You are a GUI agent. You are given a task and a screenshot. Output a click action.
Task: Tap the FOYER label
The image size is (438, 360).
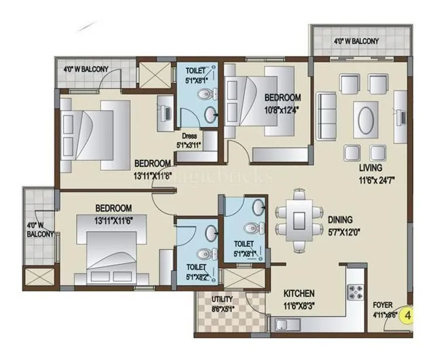(x=383, y=305)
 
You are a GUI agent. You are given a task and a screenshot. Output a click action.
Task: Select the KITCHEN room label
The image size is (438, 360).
(x=299, y=293)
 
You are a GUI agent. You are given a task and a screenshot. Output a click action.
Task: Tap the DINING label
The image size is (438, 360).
(x=339, y=220)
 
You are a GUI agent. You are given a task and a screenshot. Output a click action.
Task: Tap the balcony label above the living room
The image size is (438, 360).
(x=356, y=41)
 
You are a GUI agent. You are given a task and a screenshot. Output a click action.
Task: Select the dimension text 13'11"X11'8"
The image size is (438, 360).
(x=152, y=173)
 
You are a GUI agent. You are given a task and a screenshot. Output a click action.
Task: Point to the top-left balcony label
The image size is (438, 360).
(x=86, y=69)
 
